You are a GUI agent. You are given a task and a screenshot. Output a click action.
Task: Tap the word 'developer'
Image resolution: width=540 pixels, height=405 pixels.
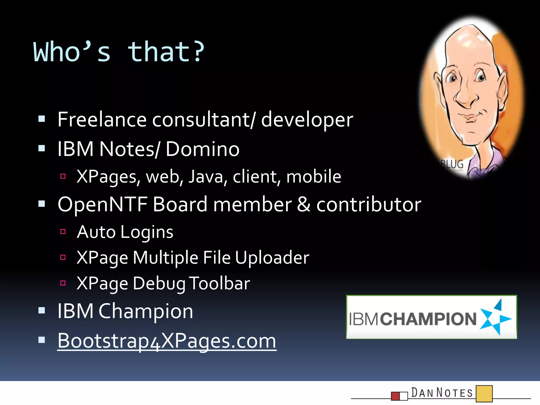[307, 120]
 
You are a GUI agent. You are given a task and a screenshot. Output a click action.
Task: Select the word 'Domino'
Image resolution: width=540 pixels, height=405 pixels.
[202, 149]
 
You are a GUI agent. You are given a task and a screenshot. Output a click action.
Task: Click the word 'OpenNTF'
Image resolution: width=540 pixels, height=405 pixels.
[102, 204]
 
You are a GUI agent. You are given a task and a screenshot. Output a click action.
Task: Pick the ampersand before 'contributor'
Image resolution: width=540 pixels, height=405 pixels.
[303, 204]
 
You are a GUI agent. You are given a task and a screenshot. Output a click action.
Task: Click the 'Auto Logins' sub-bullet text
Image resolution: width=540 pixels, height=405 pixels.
[125, 232]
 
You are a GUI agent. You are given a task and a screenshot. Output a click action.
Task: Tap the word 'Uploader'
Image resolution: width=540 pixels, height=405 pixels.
[272, 258]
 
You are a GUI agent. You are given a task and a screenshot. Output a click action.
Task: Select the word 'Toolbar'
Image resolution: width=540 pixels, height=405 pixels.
[220, 283]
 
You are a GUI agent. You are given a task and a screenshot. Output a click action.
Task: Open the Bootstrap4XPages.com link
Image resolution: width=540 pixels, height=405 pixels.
[167, 341]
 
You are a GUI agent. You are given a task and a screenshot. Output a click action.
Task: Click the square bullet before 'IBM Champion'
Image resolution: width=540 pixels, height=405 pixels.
[42, 310]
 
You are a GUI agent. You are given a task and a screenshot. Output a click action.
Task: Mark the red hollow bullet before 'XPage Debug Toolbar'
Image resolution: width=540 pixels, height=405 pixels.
[63, 283]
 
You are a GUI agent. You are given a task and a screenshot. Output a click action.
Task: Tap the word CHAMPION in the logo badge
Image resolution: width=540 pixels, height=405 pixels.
[428, 319]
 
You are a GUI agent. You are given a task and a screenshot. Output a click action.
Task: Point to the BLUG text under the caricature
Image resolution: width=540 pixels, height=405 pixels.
[452, 164]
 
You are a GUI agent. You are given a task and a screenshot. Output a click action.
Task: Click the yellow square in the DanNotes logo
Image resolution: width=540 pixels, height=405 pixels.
[484, 393]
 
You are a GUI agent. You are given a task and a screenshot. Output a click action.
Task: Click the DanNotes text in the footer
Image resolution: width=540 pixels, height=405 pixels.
[442, 393]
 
